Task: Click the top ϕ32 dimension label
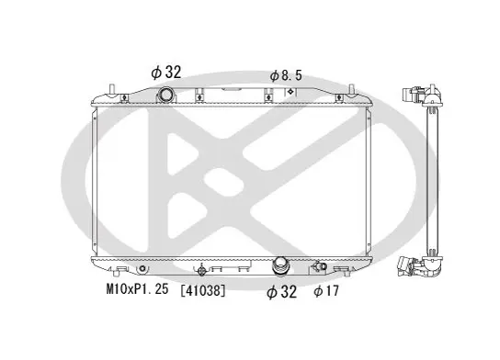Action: coord(165,73)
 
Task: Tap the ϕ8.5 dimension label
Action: coord(286,76)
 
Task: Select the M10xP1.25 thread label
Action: coord(137,289)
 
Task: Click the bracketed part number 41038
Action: coord(203,290)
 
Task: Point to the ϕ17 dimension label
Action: coord(326,291)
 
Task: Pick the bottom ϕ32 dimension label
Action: coord(281,291)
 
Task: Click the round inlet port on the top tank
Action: coord(165,95)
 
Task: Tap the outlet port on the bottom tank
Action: coord(280,265)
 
